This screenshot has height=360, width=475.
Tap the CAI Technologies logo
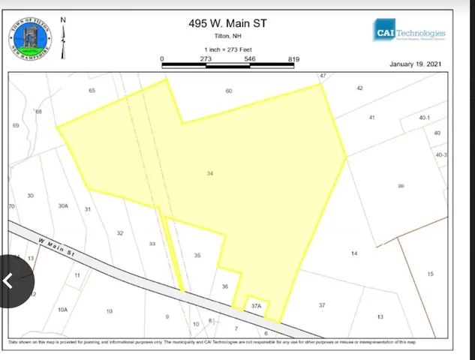[x=410, y=34]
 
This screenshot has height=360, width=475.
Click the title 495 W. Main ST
[x=227, y=23]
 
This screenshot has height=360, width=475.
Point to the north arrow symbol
[x=63, y=37]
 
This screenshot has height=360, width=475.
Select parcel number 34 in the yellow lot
[x=210, y=173]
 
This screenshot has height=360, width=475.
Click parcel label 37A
[x=256, y=306]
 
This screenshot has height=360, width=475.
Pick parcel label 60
[x=229, y=91]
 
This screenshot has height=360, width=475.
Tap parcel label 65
[x=92, y=91]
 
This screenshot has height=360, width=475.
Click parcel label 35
[x=197, y=256]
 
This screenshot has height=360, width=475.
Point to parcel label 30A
[x=63, y=205]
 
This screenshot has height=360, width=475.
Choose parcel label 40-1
[x=425, y=118]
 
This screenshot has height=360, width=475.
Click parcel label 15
[x=430, y=274]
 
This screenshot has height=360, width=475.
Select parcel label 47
[x=323, y=76]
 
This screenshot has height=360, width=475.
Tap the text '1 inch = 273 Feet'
[x=227, y=49]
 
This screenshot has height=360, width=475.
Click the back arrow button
[x=8, y=281]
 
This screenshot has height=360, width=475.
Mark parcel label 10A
[x=63, y=309]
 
